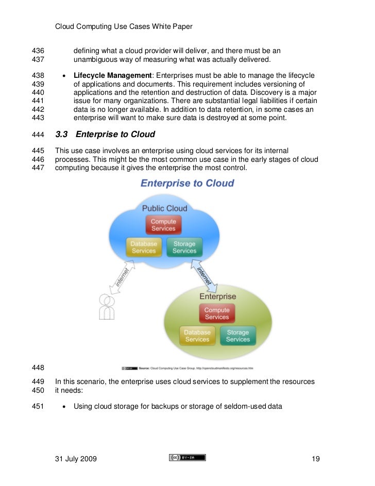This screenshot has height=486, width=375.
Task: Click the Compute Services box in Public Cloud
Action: click(163, 225)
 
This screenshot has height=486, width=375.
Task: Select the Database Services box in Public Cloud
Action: click(144, 247)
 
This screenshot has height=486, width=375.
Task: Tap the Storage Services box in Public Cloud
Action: click(184, 247)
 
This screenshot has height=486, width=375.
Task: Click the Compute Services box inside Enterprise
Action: click(217, 313)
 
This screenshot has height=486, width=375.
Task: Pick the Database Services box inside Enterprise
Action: click(197, 336)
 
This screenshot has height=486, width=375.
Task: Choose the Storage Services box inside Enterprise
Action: click(238, 336)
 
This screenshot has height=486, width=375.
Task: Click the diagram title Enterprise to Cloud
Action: click(187, 183)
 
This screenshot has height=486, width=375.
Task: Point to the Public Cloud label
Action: click(165, 208)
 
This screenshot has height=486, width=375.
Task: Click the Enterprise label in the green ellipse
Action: click(217, 296)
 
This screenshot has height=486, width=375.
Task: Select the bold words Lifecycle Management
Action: click(111, 75)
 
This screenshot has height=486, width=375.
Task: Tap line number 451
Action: click(38, 407)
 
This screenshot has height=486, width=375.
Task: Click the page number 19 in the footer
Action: click(316, 458)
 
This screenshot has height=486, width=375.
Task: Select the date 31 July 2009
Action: click(75, 458)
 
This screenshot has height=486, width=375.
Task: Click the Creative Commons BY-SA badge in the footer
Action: click(187, 458)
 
